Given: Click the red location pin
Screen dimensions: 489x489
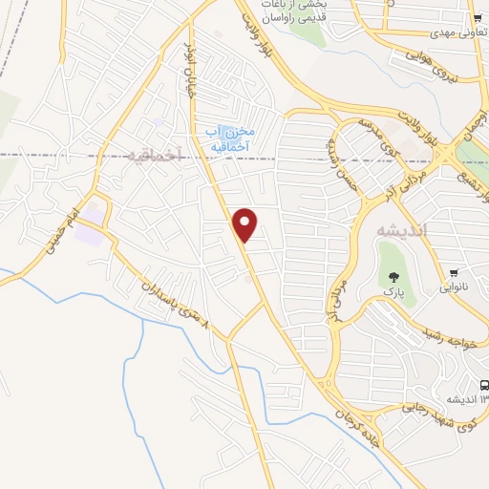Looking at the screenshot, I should pos(245,224).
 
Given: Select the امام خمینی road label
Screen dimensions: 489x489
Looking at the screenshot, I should pos(59,229).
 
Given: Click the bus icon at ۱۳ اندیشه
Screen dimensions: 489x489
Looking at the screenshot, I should pos(483,386).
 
